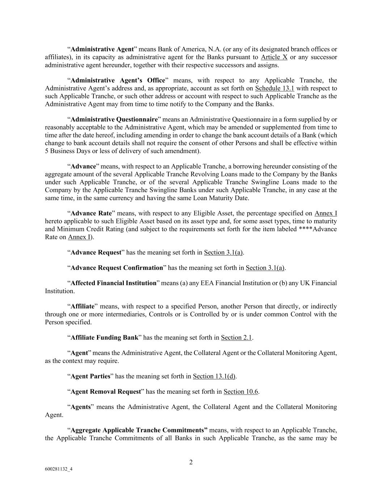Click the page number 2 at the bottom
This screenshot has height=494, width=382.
click(191, 462)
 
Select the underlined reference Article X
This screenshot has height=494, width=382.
click(274, 57)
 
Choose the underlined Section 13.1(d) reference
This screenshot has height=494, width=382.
click(214, 376)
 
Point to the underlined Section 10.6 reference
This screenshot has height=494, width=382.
click(240, 392)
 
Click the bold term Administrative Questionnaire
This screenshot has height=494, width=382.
click(114, 119)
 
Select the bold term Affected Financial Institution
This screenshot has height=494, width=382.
click(113, 283)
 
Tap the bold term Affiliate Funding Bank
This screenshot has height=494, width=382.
click(104, 338)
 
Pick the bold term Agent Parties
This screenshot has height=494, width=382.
click(90, 376)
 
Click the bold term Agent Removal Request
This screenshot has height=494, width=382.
click(105, 392)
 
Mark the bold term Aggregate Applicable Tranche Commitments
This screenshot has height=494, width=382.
click(139, 430)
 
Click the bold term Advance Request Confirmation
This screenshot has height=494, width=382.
click(117, 268)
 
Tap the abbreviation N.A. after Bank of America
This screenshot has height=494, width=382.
click(215, 49)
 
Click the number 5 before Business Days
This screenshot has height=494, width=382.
click(47, 151)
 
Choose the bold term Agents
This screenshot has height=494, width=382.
click(80, 407)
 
